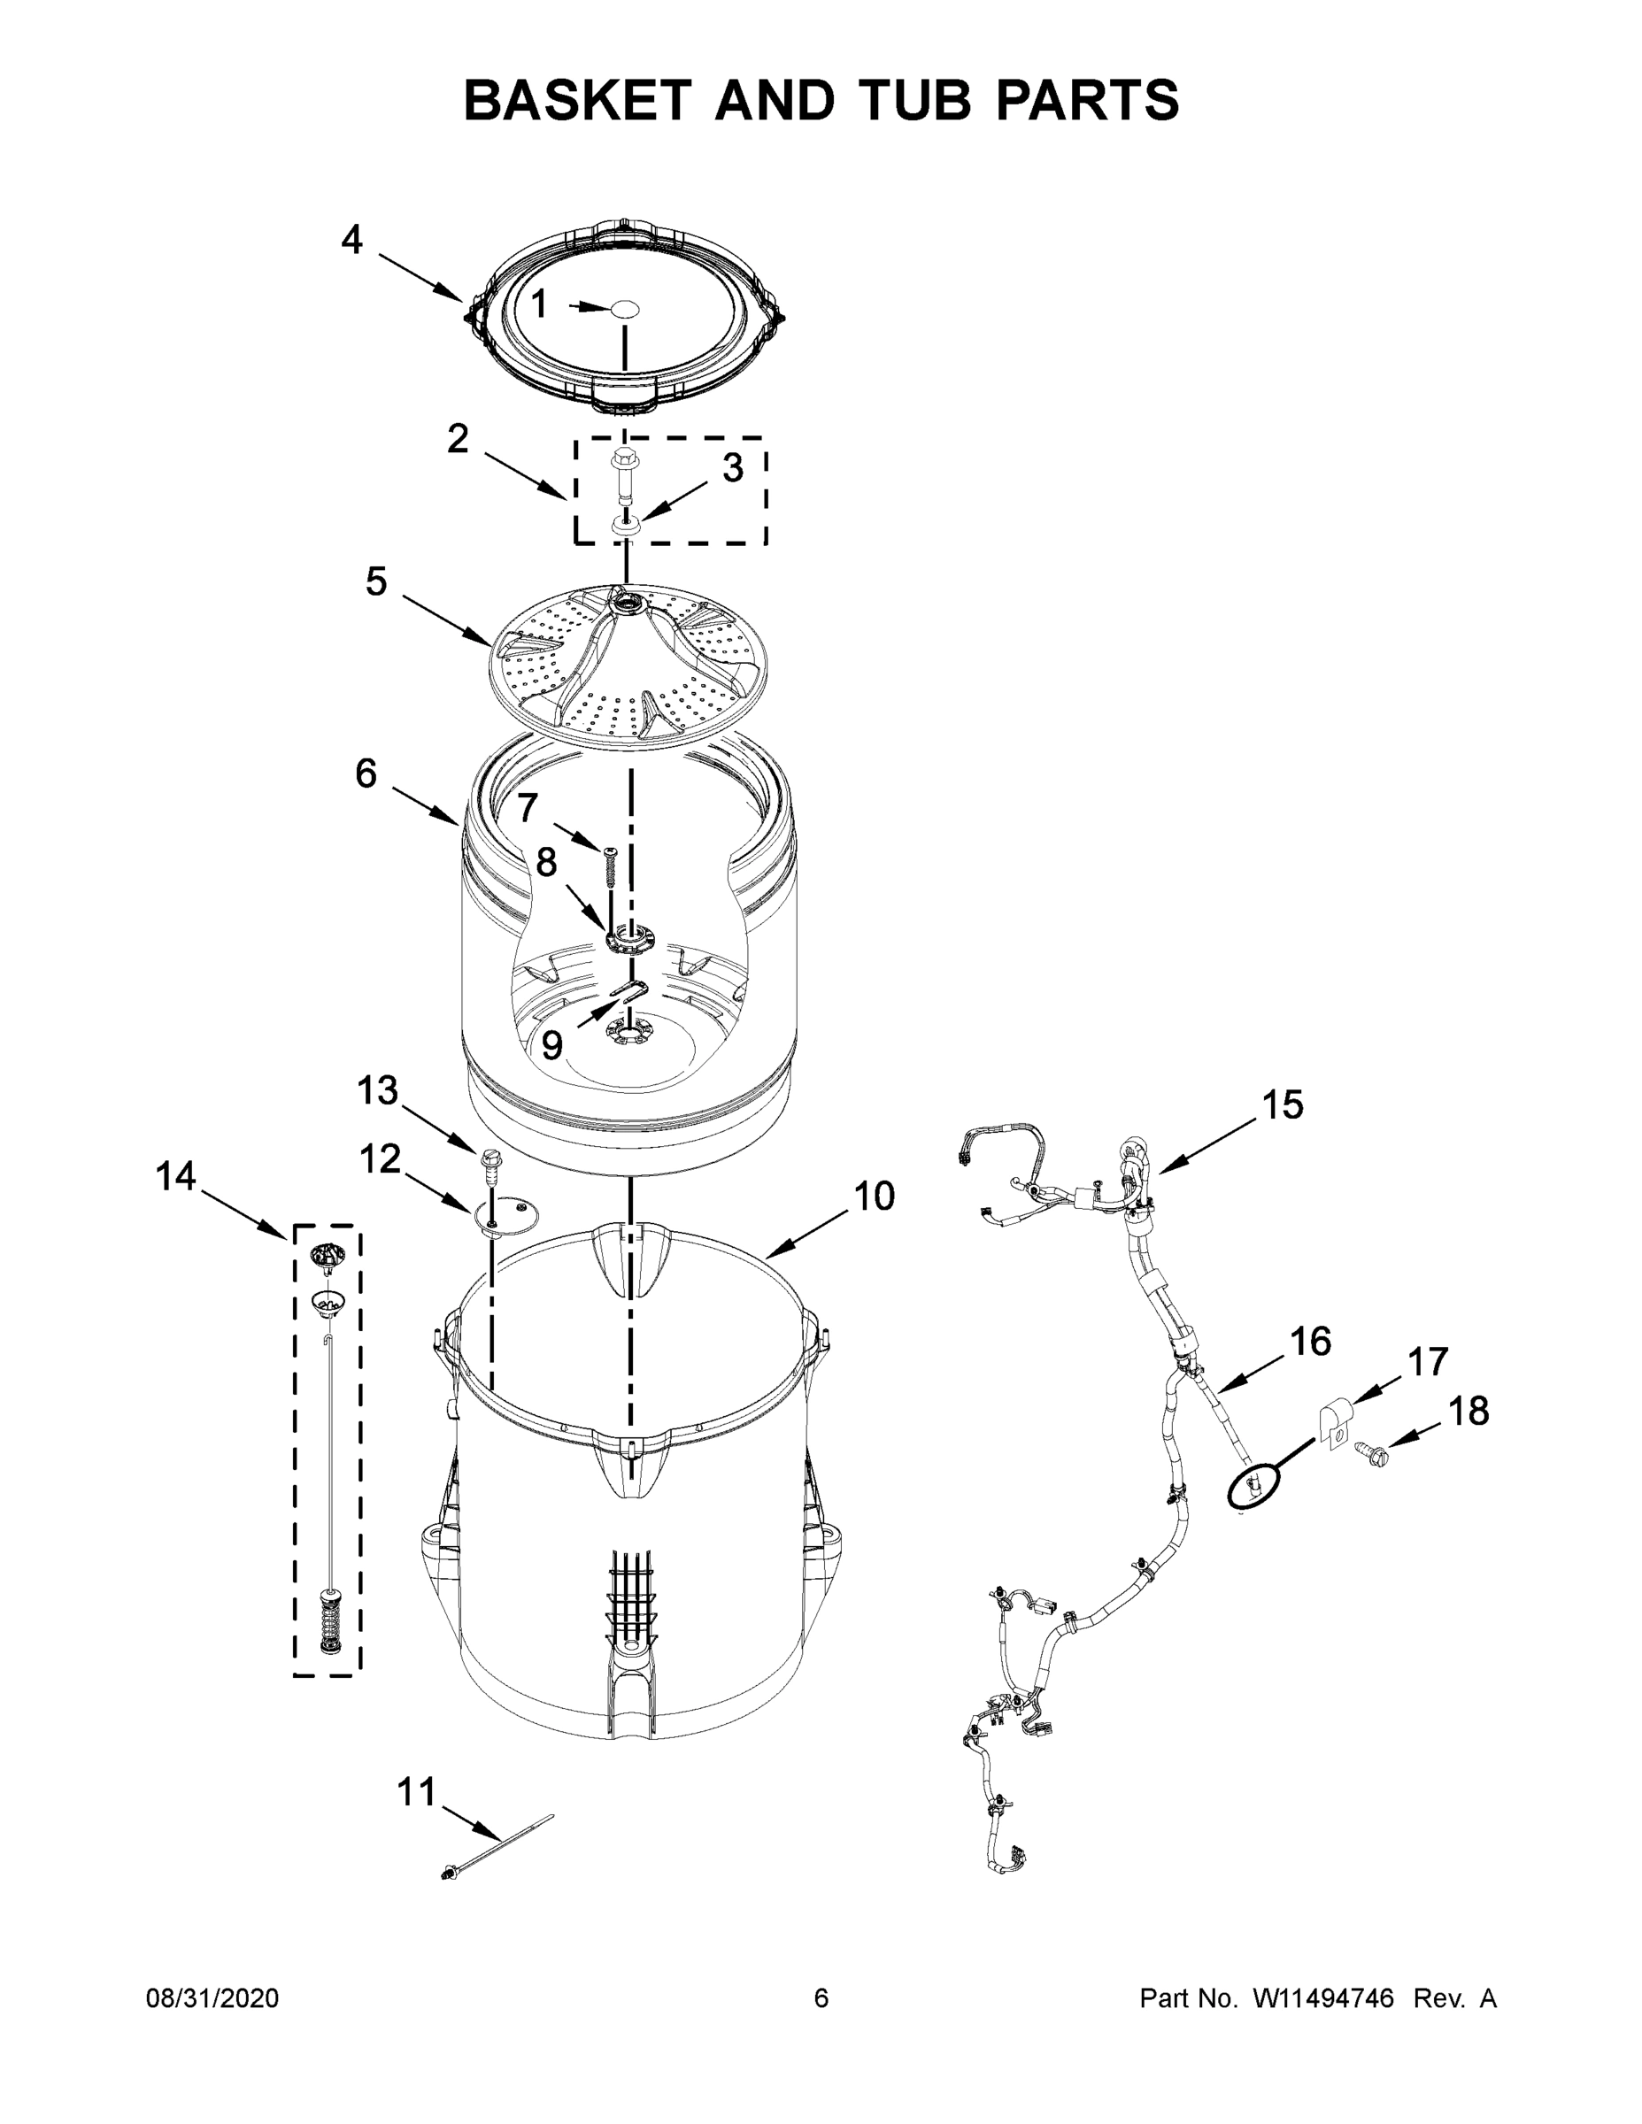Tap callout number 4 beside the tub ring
pos(351,239)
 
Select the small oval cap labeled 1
pos(623,308)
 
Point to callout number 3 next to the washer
pos(732,469)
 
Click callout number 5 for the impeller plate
pos(376,582)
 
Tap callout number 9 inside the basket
pos(551,1045)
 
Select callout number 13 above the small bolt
pos(377,1090)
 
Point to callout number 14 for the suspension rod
pos(176,1176)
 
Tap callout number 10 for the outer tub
pos(874,1197)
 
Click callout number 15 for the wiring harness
pos(1282,1104)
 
